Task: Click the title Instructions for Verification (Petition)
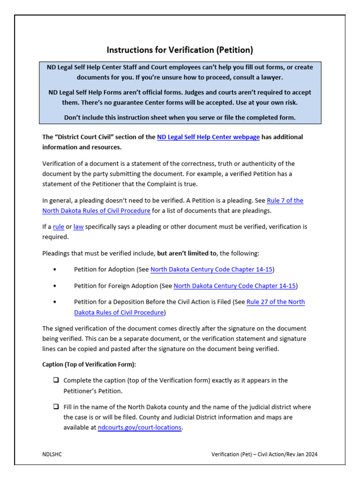pos(180,50)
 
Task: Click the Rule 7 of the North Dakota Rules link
pos(285,201)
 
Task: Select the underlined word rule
pos(59,227)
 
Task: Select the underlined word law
pos(78,227)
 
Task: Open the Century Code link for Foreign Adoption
pos(234,286)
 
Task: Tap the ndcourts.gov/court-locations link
pos(139,427)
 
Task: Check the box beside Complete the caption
pos(56,380)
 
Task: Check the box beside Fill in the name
pos(56,407)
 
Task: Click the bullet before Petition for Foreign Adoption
pos(55,286)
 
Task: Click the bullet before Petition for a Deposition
pos(55,302)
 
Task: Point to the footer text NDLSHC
pos(52,454)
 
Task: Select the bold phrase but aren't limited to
pos(187,253)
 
